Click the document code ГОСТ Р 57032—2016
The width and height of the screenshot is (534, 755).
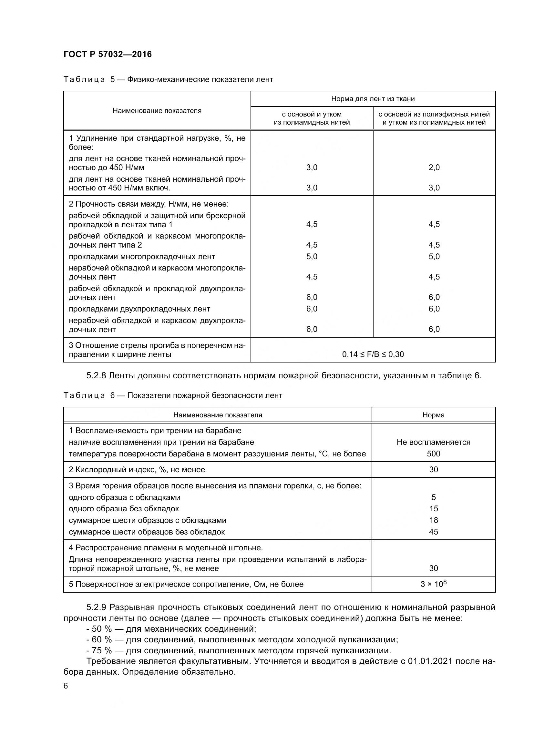pos(108,54)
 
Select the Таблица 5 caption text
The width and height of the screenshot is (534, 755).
pos(168,80)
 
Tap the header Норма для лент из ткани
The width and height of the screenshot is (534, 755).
pos(373,99)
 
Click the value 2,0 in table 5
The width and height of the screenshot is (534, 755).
pos(434,168)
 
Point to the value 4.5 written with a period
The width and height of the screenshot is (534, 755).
pos(311,277)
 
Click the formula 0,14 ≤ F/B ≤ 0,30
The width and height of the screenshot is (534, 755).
pos(373,354)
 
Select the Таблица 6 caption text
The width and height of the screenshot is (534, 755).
pos(173,395)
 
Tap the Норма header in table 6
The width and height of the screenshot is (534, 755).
pos(433,415)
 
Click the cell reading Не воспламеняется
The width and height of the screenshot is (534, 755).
pos(433,442)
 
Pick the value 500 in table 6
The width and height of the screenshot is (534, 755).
pos(433,454)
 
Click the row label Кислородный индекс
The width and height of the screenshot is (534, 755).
pos(137,470)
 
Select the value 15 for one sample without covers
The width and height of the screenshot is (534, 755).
pos(433,509)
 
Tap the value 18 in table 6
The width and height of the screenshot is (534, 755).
pos(433,520)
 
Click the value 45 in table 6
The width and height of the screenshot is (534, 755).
pos(433,532)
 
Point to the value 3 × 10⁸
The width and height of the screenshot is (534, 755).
pos(433,584)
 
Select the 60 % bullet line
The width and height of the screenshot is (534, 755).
pos(242,639)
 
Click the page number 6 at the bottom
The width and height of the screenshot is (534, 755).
pos(66,686)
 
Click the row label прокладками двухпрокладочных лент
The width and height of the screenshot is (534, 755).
pos(139,309)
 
